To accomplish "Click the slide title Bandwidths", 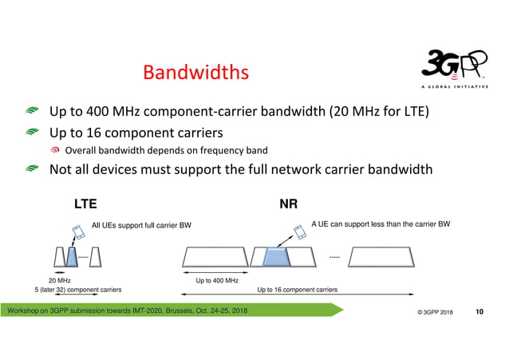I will pos(195,73).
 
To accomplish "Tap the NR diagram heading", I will pos(289,204).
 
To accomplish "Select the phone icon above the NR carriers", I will pos(299,231).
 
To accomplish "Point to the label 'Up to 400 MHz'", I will pos(217,280).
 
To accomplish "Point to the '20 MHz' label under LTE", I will pos(59,280).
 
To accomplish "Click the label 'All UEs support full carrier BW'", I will pos(142,226).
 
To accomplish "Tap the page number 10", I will pos(479,310).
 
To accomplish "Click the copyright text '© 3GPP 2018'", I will pos(435,311).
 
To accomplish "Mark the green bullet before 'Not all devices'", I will pos(32,169).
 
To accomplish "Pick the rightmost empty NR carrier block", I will pos(381,256).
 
